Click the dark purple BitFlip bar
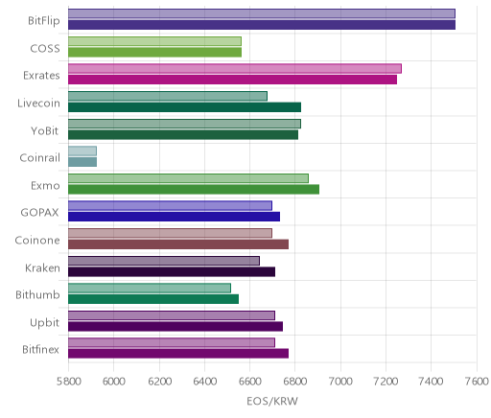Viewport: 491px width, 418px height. (262, 25)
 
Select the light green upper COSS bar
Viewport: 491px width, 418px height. (154, 41)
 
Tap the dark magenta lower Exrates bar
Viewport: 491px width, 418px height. (232, 80)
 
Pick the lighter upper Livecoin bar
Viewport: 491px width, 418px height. (168, 96)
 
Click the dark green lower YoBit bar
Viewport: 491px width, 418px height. (183, 134)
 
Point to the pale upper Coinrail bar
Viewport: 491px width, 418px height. (82, 151)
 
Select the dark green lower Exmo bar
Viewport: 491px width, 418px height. (194, 189)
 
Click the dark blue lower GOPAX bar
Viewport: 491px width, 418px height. (174, 217)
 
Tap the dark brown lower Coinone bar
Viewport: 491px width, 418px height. (178, 244)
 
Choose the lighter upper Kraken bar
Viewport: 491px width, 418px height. (164, 261)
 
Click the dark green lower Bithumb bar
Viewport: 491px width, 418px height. (153, 299)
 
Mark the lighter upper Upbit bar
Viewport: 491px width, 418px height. (172, 315)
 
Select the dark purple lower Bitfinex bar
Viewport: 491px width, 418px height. (178, 354)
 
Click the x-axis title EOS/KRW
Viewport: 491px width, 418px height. (272, 402)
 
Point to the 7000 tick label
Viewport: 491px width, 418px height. (340, 382)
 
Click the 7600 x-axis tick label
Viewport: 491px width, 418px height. (477, 382)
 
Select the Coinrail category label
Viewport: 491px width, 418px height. (39, 158)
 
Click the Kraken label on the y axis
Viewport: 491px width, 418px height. (42, 267)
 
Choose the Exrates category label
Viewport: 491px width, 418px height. (41, 76)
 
